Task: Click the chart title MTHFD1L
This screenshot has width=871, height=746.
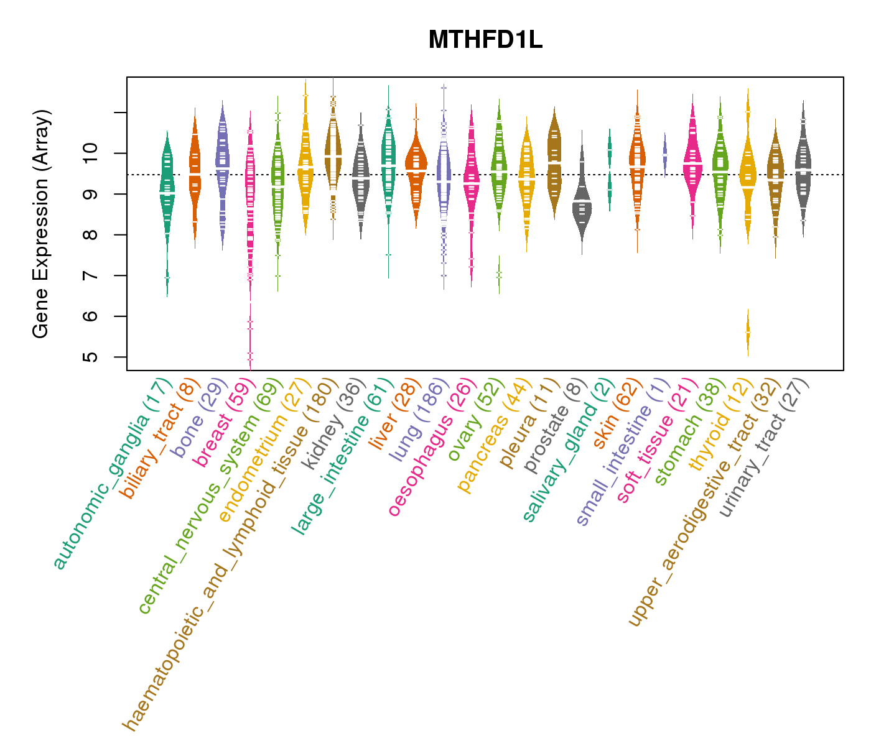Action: coord(485,40)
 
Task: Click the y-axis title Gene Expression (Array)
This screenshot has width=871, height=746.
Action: coord(41,224)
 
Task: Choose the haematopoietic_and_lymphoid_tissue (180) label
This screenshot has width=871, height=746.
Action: coord(228,553)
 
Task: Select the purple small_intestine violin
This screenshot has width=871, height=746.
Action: coord(665,152)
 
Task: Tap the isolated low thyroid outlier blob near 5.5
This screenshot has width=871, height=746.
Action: coord(748,333)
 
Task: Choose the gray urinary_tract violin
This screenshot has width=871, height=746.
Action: coord(803,168)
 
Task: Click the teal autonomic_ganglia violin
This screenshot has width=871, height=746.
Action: coord(167,186)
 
